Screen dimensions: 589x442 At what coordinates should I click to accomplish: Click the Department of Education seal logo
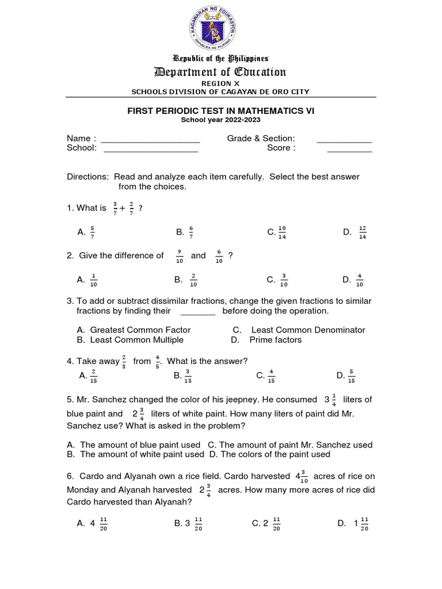221,27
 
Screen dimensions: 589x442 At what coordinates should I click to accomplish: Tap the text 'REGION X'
221,83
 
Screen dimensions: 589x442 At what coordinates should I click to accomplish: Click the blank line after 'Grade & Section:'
344,139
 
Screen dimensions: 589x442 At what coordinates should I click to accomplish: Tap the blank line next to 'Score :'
349,149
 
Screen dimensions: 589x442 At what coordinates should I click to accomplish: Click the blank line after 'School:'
151,149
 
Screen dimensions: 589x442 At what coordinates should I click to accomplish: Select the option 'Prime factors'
275,339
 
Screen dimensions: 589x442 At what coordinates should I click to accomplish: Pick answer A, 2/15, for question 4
87,376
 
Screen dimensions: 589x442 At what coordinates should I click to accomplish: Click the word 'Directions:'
87,177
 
